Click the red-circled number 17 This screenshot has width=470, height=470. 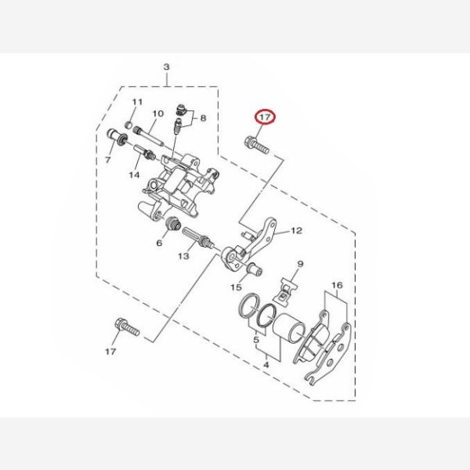click(265, 117)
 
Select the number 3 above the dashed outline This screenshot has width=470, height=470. click(167, 67)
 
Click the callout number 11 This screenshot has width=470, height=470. click(137, 102)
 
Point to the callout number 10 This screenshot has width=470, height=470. click(158, 114)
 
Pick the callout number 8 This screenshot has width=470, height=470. click(203, 118)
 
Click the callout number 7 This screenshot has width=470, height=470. click(108, 160)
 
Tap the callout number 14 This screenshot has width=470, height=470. click(134, 175)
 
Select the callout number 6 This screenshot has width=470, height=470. click(159, 243)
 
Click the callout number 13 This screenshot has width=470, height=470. click(183, 256)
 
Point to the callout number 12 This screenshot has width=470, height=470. click(296, 230)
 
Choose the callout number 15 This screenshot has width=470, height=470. click(236, 287)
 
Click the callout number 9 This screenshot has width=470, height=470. click(300, 264)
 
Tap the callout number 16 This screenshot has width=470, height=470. click(337, 285)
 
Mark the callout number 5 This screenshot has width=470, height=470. click(256, 340)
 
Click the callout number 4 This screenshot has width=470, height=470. click(266, 365)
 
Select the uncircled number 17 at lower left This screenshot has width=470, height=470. click(110, 351)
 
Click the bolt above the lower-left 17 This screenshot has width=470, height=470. click(127, 327)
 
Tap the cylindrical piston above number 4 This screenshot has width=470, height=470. click(289, 328)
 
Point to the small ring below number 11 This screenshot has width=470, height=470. click(128, 124)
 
